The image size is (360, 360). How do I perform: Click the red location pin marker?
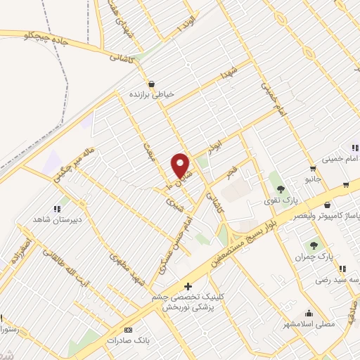[181, 166]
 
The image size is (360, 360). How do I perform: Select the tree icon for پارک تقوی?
[281, 189]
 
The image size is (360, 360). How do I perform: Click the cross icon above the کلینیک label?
[187, 286]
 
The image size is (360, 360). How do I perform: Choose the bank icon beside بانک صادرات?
[127, 330]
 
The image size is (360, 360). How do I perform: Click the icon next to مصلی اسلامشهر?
[308, 314]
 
